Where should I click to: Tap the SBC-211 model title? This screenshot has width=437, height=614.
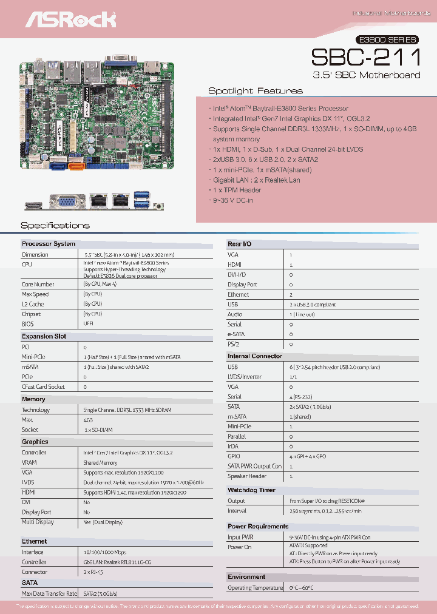(x=365, y=57)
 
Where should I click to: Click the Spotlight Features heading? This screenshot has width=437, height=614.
(x=255, y=91)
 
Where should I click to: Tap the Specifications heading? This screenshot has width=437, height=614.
(x=55, y=226)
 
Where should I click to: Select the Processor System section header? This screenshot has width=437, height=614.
(x=49, y=244)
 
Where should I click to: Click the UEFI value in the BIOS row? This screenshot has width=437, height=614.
(x=88, y=324)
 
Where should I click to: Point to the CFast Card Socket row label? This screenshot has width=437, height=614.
(x=43, y=386)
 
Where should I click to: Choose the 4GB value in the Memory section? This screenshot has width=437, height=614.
(x=88, y=419)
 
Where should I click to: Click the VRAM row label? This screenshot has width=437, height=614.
(x=30, y=462)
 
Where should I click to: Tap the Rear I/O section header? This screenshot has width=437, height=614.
(x=240, y=244)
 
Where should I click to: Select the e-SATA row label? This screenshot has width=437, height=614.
(x=237, y=334)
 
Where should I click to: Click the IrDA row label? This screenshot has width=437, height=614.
(x=234, y=446)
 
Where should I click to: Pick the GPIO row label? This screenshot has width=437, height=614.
(x=234, y=456)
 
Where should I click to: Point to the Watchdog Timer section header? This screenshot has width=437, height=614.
(x=251, y=490)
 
